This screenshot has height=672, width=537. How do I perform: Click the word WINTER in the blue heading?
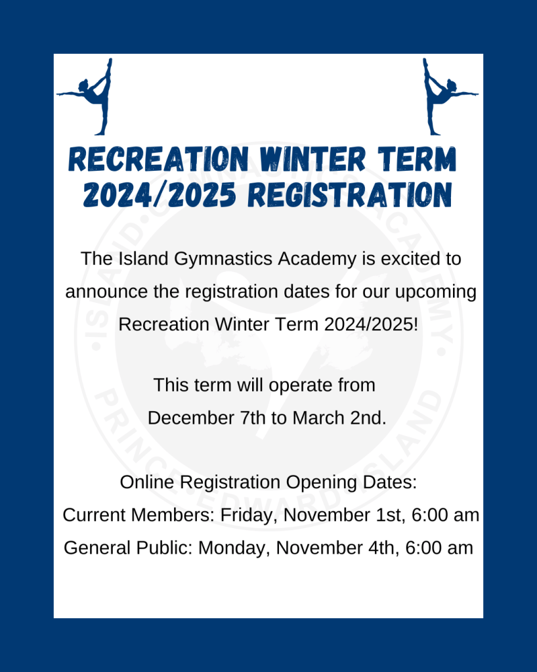click(312, 160)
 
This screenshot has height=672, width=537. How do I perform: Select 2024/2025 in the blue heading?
click(160, 195)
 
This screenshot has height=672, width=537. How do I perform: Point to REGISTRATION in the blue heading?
click(350, 195)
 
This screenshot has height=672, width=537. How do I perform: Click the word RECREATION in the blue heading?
click(158, 160)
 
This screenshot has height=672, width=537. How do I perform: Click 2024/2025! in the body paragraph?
click(371, 325)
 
